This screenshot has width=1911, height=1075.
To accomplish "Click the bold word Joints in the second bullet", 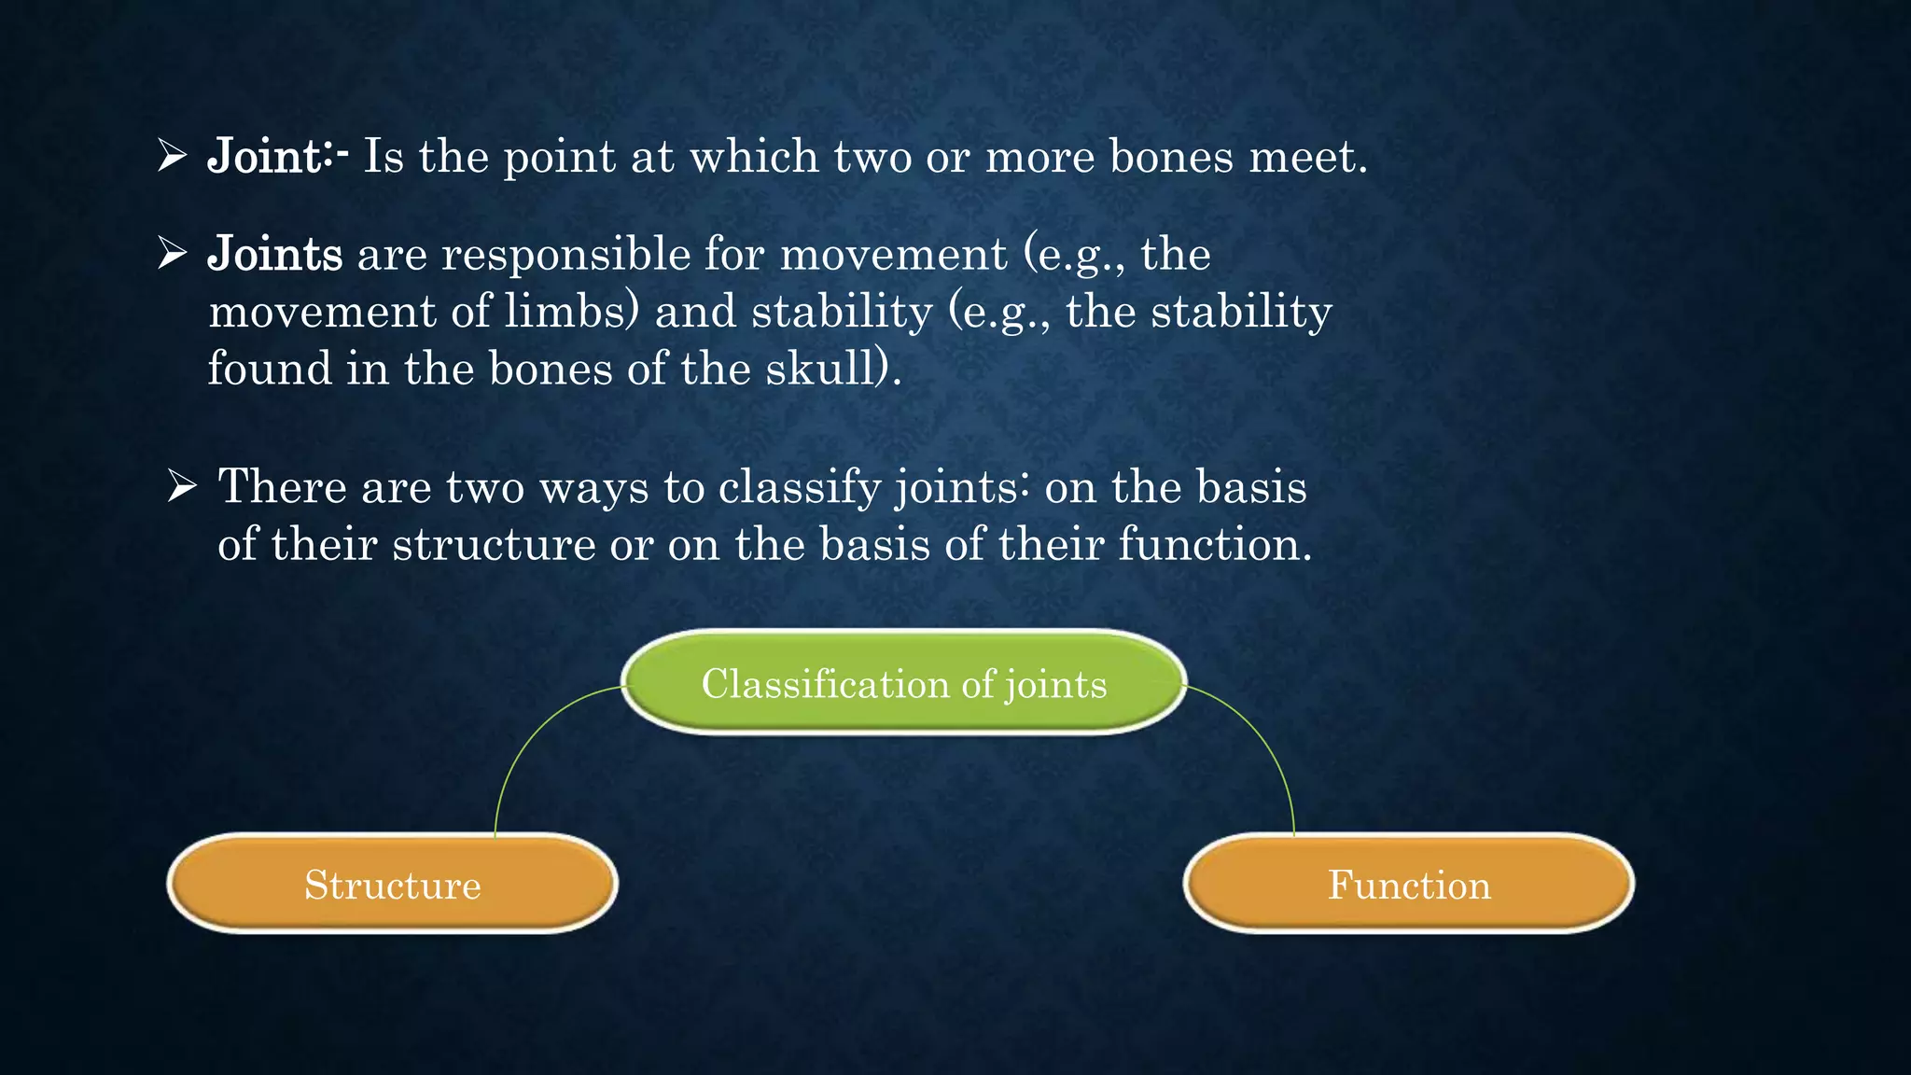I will point(275,255).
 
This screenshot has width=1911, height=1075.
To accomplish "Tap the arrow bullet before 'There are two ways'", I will point(182,486).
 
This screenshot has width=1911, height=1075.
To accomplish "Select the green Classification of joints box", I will point(903,683).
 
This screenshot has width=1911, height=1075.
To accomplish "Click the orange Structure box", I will point(392,884).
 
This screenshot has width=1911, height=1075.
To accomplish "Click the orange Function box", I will point(1409,884).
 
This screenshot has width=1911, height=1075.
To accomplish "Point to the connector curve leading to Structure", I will point(523,747).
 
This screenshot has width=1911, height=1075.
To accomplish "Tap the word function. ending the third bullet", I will point(1213,544).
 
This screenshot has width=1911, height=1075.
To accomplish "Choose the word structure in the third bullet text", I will point(494,544).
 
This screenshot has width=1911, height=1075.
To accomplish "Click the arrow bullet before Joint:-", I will point(173,155).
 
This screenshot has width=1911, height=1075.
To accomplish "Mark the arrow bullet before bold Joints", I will point(173,253).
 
